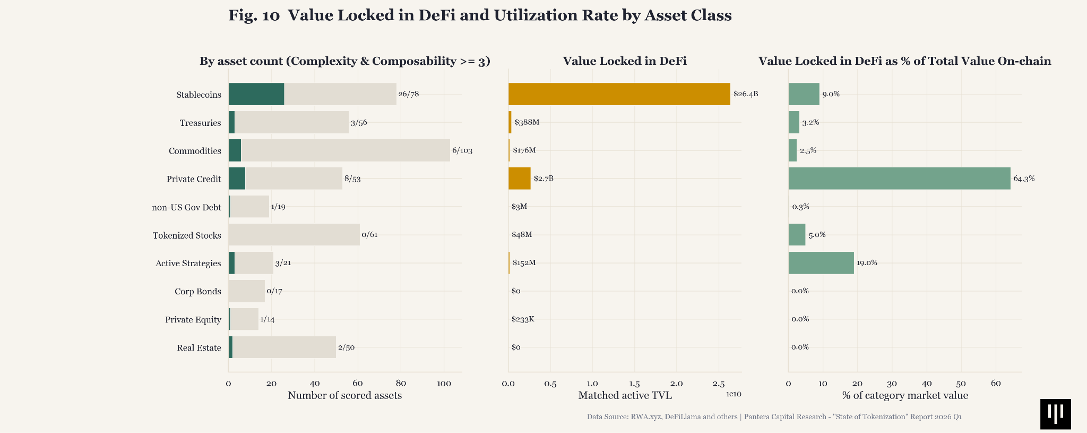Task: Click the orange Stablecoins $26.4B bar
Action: (619, 94)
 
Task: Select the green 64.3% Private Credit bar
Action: (900, 179)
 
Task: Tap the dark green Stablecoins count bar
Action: (256, 94)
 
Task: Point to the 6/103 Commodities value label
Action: (462, 150)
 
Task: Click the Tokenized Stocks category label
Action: (187, 235)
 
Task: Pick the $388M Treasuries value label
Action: (527, 122)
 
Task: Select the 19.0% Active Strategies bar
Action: (821, 263)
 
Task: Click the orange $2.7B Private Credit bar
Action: (520, 179)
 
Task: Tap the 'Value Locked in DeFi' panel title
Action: (625, 61)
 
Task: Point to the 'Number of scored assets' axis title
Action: (344, 396)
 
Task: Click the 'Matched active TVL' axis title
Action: (625, 396)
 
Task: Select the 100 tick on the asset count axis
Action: (444, 384)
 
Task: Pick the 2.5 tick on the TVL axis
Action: (719, 384)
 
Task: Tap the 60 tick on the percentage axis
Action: (996, 384)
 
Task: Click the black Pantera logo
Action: (1056, 414)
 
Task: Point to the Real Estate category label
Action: (199, 348)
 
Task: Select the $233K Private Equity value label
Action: (523, 319)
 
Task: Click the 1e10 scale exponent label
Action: (734, 394)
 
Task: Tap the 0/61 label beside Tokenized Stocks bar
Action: (369, 235)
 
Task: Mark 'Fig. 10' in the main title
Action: (254, 15)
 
